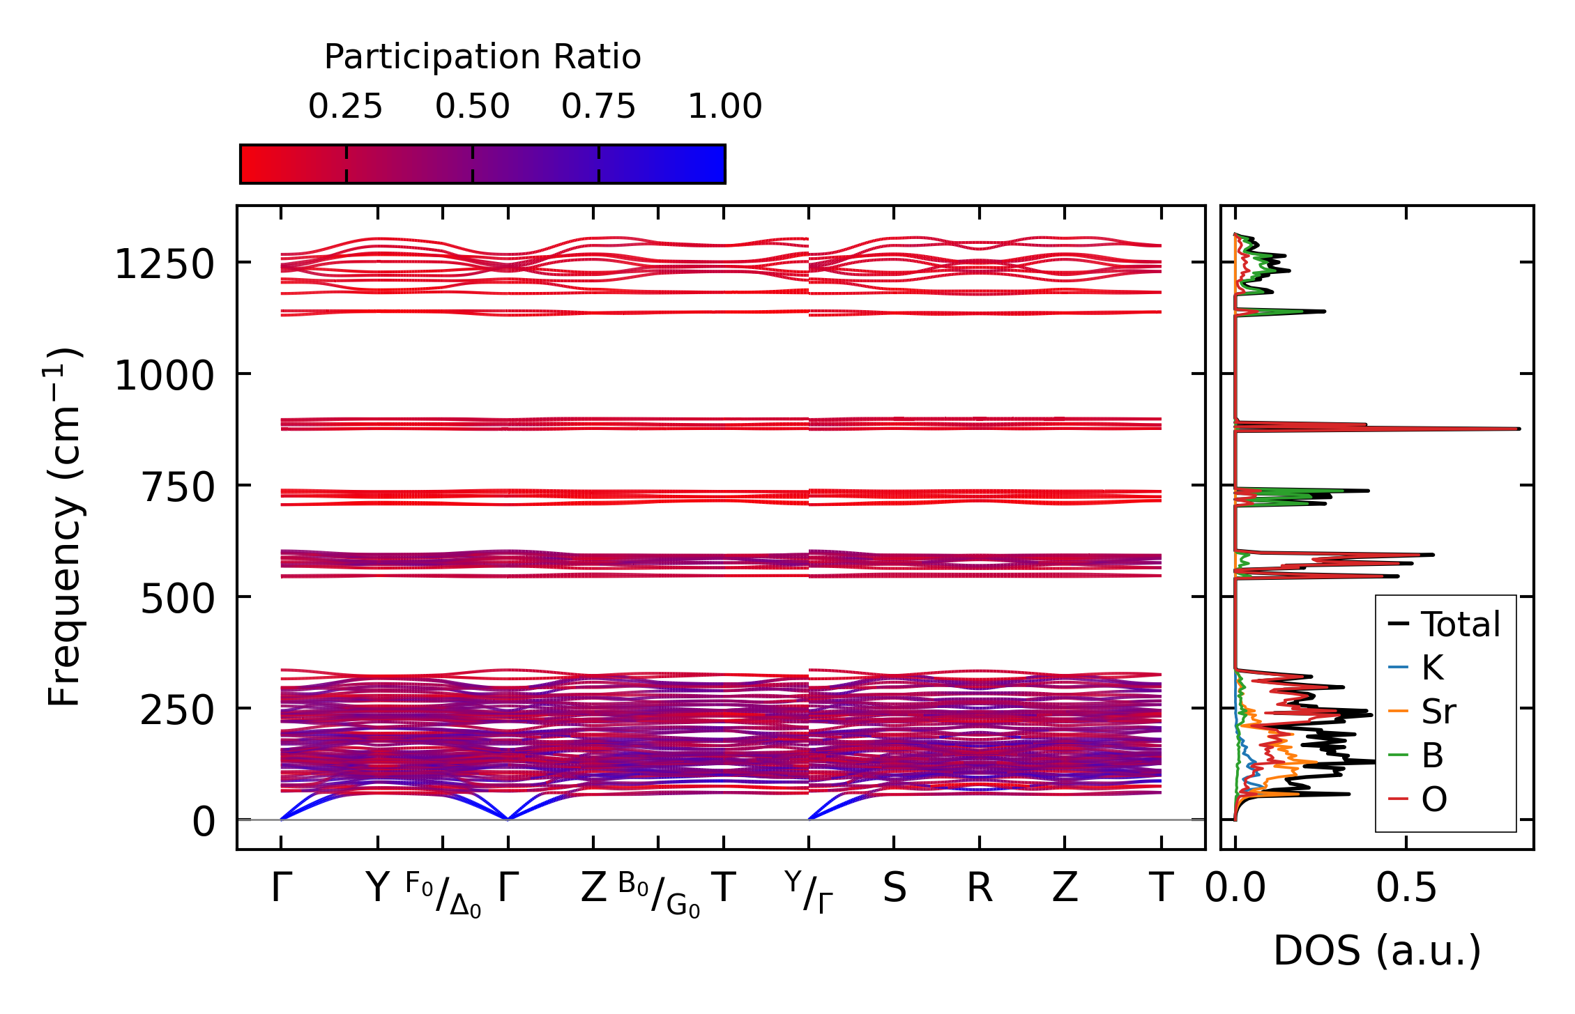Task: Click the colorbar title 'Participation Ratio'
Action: point(482,57)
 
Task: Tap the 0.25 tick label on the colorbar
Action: point(346,107)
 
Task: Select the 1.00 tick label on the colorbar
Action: point(725,107)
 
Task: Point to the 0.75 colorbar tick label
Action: point(599,107)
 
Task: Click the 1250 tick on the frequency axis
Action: point(164,266)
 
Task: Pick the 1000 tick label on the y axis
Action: point(164,377)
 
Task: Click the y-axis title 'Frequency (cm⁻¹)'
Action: point(65,527)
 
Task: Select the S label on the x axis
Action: point(895,889)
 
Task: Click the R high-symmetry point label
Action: point(980,889)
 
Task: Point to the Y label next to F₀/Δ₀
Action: point(377,889)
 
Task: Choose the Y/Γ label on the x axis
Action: point(809,892)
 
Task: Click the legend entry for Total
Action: point(1460,624)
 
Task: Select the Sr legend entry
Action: point(1438,712)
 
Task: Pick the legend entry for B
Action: point(1432,755)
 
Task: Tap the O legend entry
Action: point(1434,799)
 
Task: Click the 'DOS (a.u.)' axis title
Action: point(1377,951)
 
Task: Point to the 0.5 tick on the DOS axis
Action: point(1406,889)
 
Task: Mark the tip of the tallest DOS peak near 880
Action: point(1519,429)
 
